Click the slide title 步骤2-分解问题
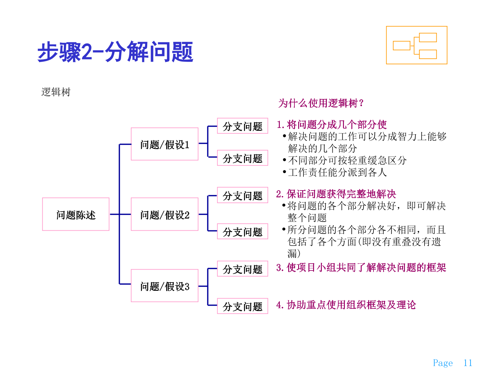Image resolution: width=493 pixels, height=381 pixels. (x=115, y=52)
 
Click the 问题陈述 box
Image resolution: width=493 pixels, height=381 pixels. (x=76, y=214)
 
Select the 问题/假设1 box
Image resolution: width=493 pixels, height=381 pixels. (x=165, y=144)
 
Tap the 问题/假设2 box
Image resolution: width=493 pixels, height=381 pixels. (x=165, y=214)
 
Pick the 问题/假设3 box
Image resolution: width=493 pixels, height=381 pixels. (x=165, y=286)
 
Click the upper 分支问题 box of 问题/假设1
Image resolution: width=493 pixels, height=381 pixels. (x=242, y=126)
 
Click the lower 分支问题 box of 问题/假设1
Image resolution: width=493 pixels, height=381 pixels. (x=242, y=158)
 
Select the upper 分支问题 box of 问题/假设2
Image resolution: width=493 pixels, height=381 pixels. (x=242, y=195)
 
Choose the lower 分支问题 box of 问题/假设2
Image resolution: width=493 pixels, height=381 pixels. (x=242, y=232)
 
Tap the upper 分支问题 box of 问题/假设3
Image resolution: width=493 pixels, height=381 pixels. (x=242, y=269)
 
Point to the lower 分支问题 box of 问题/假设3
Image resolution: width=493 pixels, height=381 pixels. (x=242, y=306)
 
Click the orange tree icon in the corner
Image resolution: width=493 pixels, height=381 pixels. (x=416, y=45)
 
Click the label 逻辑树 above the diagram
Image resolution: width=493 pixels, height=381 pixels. (x=56, y=92)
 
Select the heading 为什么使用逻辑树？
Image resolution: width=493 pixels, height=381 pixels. (x=321, y=103)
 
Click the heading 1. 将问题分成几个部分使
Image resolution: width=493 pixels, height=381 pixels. (x=332, y=125)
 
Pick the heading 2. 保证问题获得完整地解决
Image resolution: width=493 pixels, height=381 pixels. (x=336, y=194)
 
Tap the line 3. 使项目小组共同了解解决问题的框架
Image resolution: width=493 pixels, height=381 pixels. (x=361, y=267)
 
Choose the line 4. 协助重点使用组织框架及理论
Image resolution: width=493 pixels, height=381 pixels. (x=346, y=305)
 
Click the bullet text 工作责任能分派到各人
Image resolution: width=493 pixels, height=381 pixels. (x=337, y=172)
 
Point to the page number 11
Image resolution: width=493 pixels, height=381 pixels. (x=467, y=363)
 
